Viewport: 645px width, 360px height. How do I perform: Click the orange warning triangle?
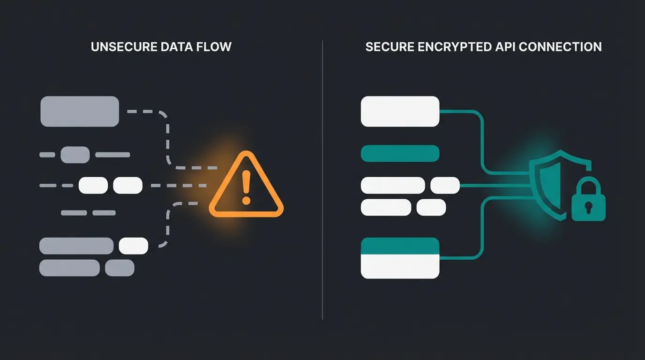pyautogui.click(x=246, y=187)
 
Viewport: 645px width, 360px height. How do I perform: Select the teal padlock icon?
pyautogui.click(x=588, y=204)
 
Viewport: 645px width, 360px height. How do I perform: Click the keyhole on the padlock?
pyautogui.click(x=588, y=207)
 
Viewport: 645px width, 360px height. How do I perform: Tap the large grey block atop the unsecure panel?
pyautogui.click(x=80, y=111)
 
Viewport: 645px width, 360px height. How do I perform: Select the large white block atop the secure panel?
pyautogui.click(x=400, y=111)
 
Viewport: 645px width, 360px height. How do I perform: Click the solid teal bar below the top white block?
pyautogui.click(x=400, y=153)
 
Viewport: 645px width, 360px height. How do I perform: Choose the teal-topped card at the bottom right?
pyautogui.click(x=400, y=258)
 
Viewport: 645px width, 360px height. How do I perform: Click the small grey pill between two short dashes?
pyautogui.click(x=75, y=154)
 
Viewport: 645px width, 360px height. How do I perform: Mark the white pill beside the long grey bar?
pyautogui.click(x=134, y=246)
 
